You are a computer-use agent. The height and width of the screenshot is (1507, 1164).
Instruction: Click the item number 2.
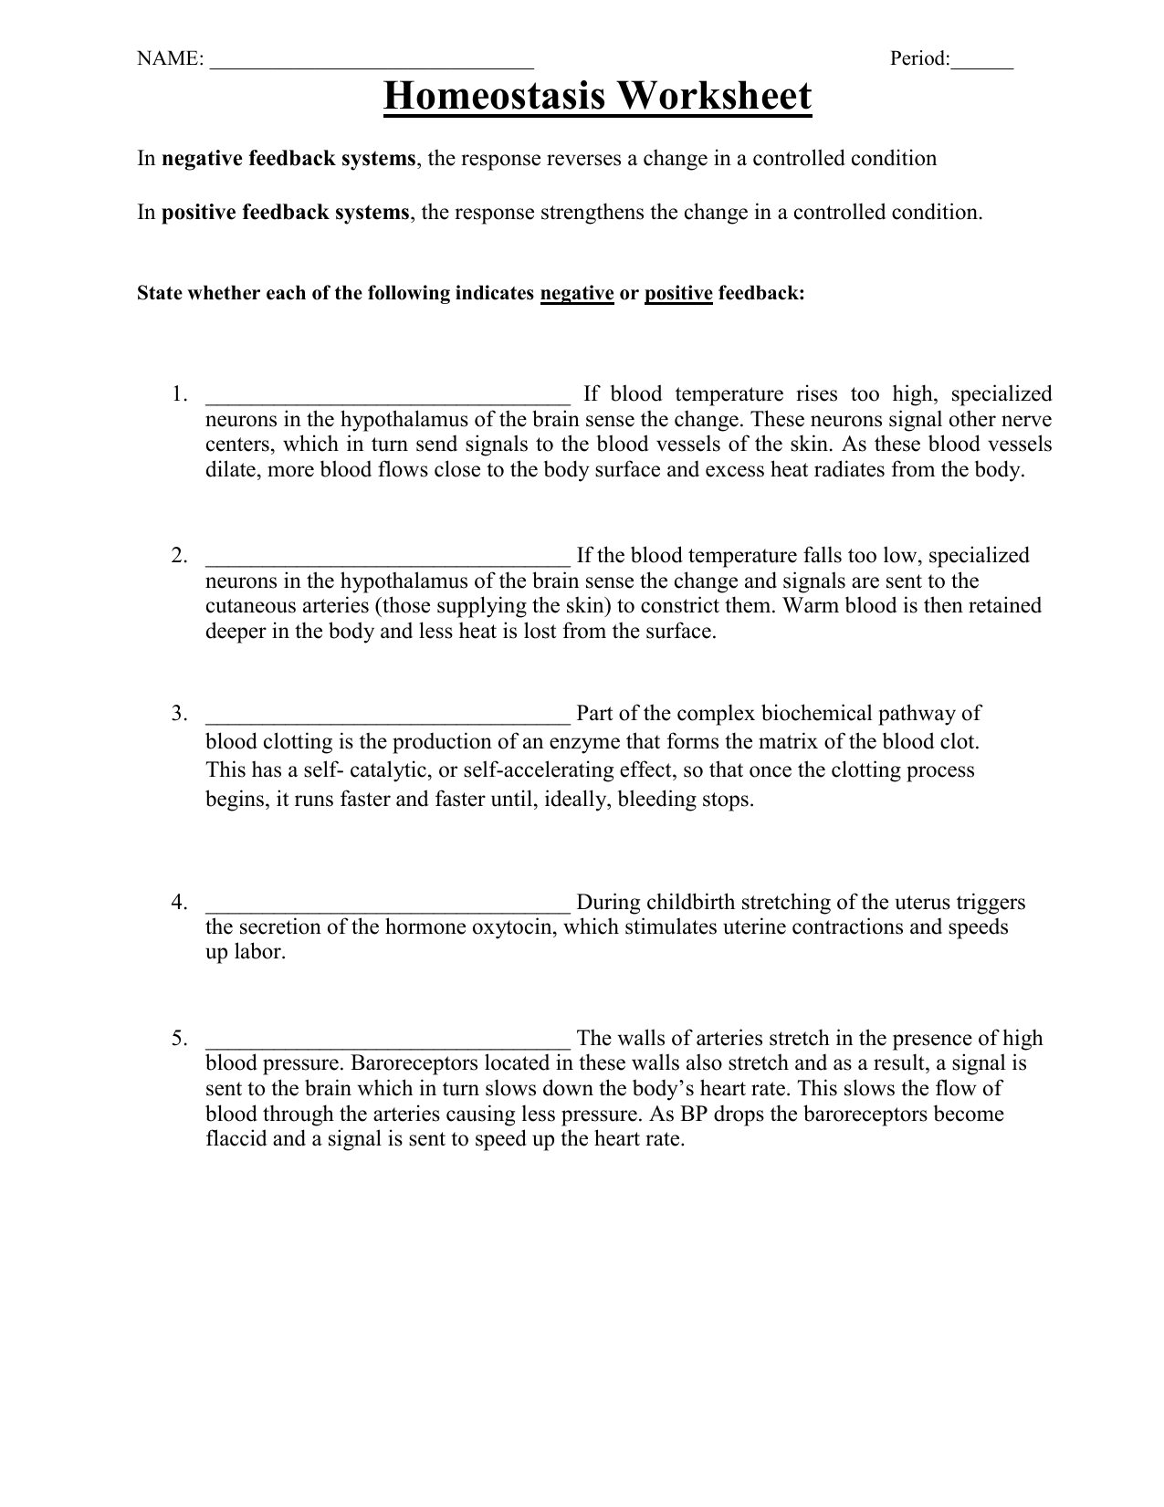point(179,556)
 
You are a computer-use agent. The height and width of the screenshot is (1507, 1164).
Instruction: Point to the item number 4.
point(179,903)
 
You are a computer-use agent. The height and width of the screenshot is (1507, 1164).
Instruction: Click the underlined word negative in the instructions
point(577,294)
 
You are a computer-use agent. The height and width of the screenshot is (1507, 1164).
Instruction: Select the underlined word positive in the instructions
point(677,294)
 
